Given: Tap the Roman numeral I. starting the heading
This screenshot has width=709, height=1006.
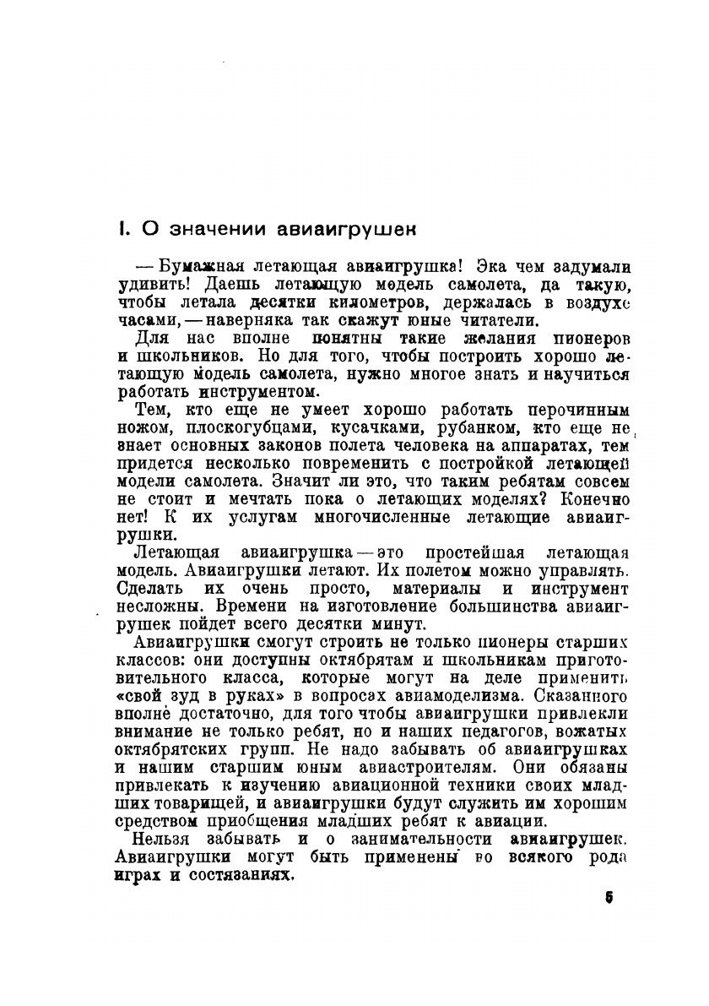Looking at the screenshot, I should point(123,229).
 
